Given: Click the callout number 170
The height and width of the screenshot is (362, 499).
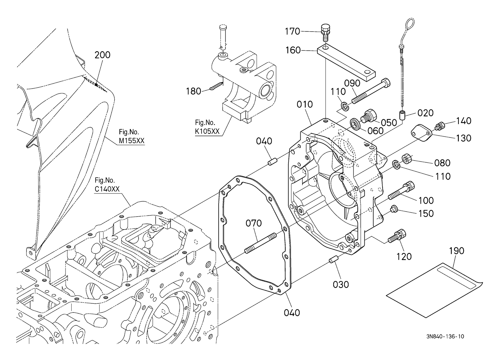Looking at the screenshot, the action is tap(293, 31).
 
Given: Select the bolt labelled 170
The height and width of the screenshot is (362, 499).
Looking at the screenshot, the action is tap(325, 33).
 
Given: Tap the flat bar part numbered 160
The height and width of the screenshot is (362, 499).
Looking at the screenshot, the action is tap(347, 63).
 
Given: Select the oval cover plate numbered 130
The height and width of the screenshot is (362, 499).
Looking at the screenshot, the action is tap(422, 133).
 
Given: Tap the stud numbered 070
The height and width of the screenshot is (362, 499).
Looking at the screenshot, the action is tap(260, 243).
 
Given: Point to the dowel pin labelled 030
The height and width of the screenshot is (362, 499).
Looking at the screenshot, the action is tap(334, 260).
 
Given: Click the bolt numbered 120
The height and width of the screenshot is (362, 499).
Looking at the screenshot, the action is tap(397, 236).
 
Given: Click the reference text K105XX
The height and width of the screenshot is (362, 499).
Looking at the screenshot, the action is tap(207, 131).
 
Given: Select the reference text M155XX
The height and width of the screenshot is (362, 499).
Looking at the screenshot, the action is tap(131, 140).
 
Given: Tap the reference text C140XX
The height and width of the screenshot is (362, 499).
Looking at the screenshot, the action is tap(107, 189).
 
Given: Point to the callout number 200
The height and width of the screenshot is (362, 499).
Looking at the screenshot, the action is tap(102, 55).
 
